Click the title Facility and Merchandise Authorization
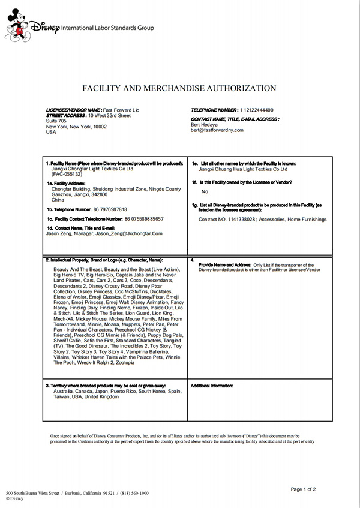coord(179,88)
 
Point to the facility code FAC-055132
coord(68,174)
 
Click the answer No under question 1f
coord(205,191)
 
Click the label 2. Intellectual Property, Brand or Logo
coord(104,260)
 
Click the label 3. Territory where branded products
coord(106,385)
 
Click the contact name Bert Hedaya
coord(205,124)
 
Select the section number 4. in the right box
coord(192,260)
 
